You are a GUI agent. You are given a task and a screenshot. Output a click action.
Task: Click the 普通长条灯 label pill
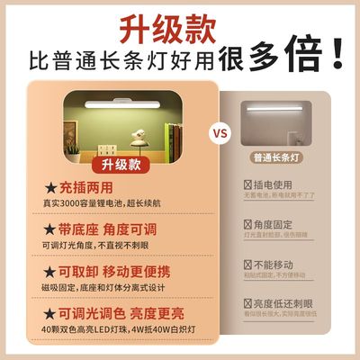coord(284,181)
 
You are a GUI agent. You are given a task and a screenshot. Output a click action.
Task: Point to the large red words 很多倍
coord(280,58)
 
